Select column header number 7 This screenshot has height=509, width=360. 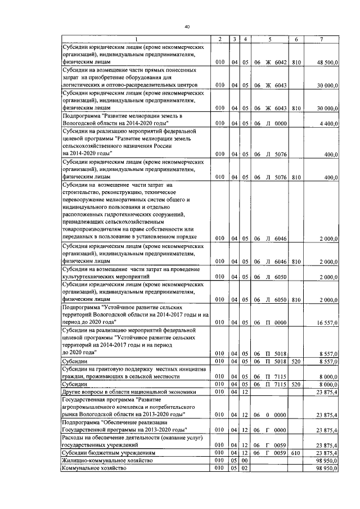tap(321, 38)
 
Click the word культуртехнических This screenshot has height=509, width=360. tap(93, 277)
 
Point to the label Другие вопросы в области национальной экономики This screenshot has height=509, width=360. tap(129, 391)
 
